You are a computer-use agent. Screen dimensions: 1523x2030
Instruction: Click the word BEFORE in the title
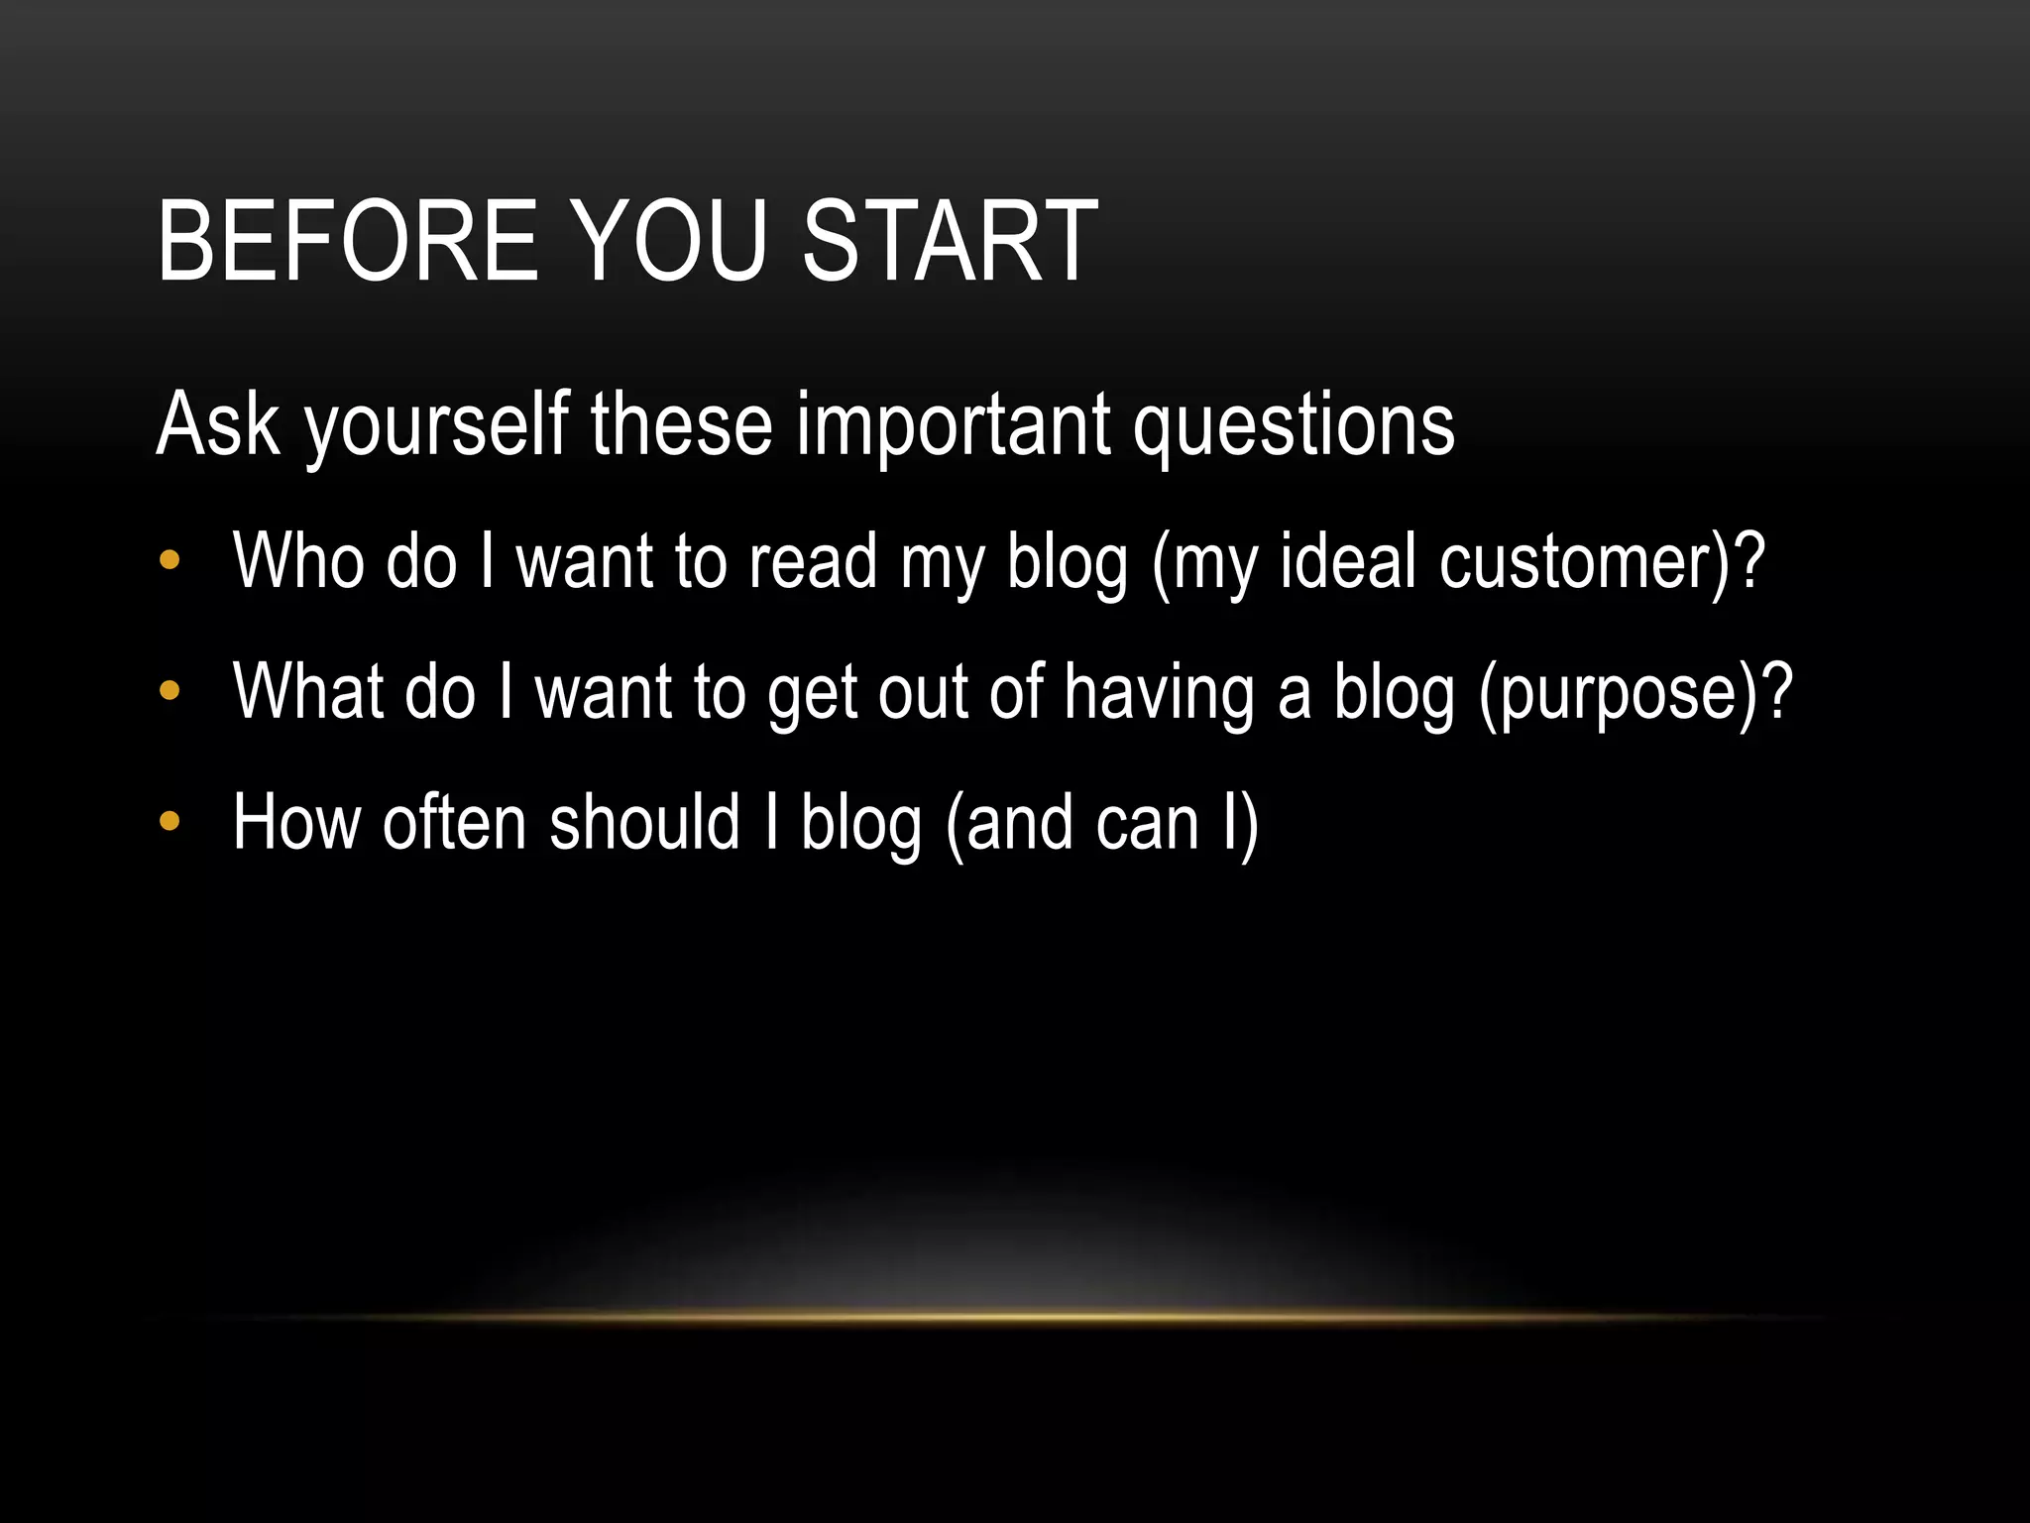pyautogui.click(x=346, y=241)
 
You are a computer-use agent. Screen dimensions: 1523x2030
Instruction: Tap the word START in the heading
pyautogui.click(x=949, y=241)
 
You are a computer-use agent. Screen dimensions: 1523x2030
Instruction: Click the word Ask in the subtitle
pyautogui.click(x=218, y=424)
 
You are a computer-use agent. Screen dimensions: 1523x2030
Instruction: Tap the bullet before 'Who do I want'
pyautogui.click(x=169, y=561)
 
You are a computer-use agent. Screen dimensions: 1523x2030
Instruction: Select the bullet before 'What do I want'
pyautogui.click(x=169, y=690)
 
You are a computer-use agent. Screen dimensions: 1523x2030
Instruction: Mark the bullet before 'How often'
pyautogui.click(x=169, y=821)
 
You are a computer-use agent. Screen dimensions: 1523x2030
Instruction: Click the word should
pyautogui.click(x=644, y=822)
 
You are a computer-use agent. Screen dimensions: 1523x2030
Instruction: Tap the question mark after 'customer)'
pyautogui.click(x=1747, y=561)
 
